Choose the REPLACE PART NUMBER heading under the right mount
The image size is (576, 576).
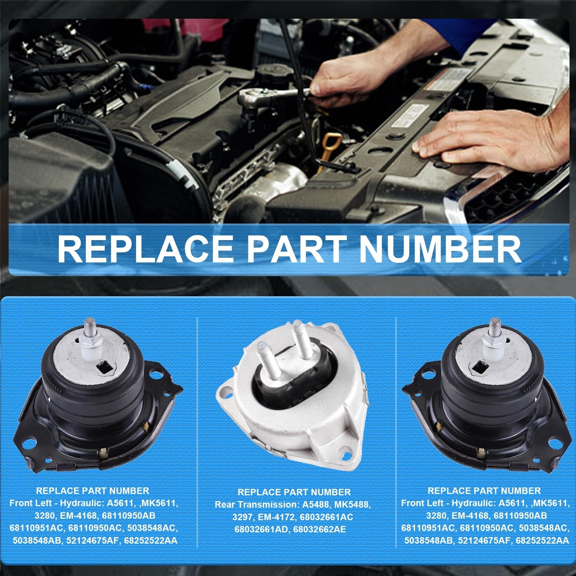coord(484,491)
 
